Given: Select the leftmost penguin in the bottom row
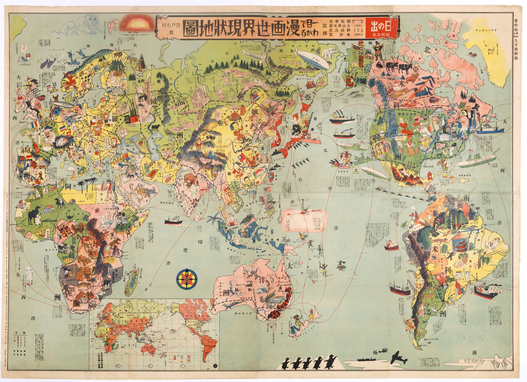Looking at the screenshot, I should [286, 370].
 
